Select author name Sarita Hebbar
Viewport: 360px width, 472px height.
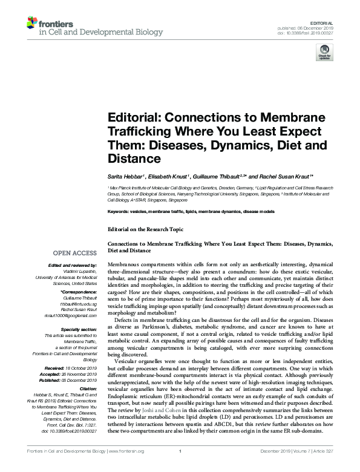125,175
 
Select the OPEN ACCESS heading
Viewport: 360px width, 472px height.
76,252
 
